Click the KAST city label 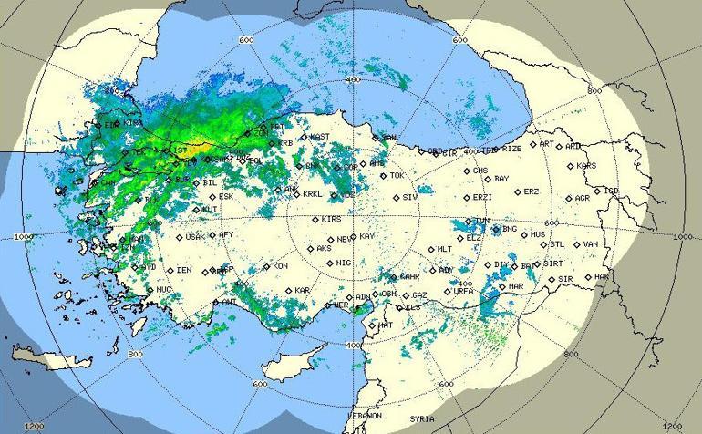pos(319,137)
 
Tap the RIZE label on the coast pos(511,148)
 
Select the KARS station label pos(586,166)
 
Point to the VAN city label pos(591,244)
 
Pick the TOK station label pos(396,175)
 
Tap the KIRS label pos(331,220)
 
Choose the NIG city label pos(343,263)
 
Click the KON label pos(280,266)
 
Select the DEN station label pos(184,270)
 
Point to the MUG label pos(163,290)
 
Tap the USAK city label pos(195,237)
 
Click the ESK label pos(226,196)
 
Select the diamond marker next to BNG pos(496,230)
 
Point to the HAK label pos(601,276)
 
